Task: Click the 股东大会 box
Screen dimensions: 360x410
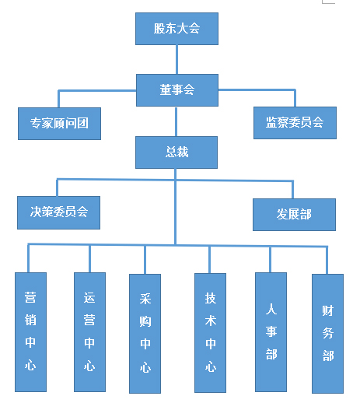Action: click(177, 29)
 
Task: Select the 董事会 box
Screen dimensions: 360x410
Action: click(177, 90)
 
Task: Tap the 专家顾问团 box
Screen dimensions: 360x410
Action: click(59, 124)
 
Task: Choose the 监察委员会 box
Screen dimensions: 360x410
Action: click(295, 123)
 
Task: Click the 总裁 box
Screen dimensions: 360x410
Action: click(177, 152)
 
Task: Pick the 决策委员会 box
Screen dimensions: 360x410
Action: click(58, 213)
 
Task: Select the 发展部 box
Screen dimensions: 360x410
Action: click(294, 215)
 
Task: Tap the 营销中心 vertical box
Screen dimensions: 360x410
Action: click(30, 332)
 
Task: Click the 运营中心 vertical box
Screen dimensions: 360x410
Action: click(89, 332)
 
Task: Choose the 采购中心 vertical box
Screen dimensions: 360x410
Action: click(145, 334)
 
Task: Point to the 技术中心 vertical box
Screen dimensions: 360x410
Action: click(210, 333)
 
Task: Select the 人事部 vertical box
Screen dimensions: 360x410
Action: click(271, 332)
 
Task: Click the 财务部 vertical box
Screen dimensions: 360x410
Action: click(327, 334)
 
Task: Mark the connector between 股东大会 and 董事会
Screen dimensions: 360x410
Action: click(177, 59)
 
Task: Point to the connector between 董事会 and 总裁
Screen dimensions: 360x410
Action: click(176, 121)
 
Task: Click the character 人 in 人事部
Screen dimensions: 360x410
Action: click(271, 310)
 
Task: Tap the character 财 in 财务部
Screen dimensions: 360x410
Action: click(328, 310)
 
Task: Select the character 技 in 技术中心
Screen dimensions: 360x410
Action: click(211, 298)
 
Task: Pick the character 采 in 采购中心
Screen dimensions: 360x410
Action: click(145, 299)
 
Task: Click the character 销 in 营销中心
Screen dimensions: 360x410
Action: click(30, 320)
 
